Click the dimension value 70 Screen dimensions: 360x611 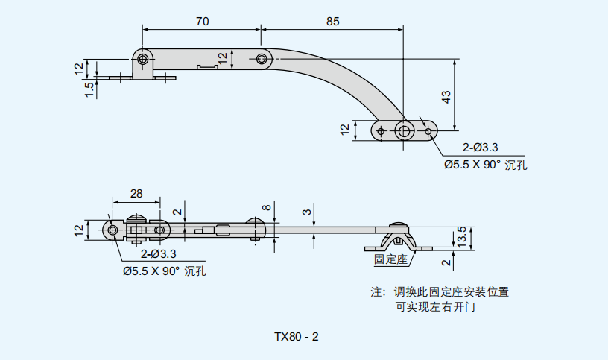click(202, 22)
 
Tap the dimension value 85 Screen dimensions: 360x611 click(332, 22)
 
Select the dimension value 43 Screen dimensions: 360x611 click(446, 96)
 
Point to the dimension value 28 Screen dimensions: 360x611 click(136, 194)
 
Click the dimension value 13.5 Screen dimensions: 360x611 click(461, 237)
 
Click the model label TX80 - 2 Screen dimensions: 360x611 click(297, 337)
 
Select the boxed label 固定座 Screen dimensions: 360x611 click(390, 259)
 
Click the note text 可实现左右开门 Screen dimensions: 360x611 click(436, 306)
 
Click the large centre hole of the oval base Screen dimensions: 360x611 click(405, 131)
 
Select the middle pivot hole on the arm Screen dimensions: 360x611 click(262, 59)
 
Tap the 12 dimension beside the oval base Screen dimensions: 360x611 click(344, 129)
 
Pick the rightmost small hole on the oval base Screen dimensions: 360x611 click(428, 131)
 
